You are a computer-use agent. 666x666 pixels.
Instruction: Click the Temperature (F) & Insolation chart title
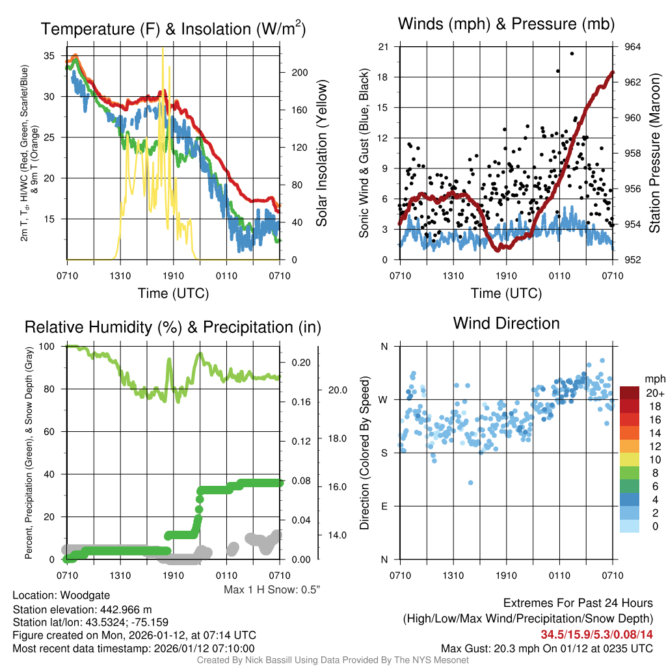pos(173,29)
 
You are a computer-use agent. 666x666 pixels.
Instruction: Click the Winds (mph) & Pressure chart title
pos(506,25)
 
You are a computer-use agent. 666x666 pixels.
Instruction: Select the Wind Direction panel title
pos(506,323)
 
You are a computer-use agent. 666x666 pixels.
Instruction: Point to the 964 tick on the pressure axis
pos(633,47)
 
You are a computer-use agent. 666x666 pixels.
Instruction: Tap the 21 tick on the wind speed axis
pos(384,47)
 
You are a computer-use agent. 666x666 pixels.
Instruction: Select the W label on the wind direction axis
pos(384,399)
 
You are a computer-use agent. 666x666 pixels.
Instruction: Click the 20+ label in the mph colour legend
pos(655,393)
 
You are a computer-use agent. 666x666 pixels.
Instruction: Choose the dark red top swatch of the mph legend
pos(630,393)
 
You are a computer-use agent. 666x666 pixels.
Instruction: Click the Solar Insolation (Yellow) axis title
pos(321,153)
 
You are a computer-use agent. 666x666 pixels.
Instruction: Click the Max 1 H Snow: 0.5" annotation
pos(272,590)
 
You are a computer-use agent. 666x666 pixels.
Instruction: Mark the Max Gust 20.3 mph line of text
pos(546,648)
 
